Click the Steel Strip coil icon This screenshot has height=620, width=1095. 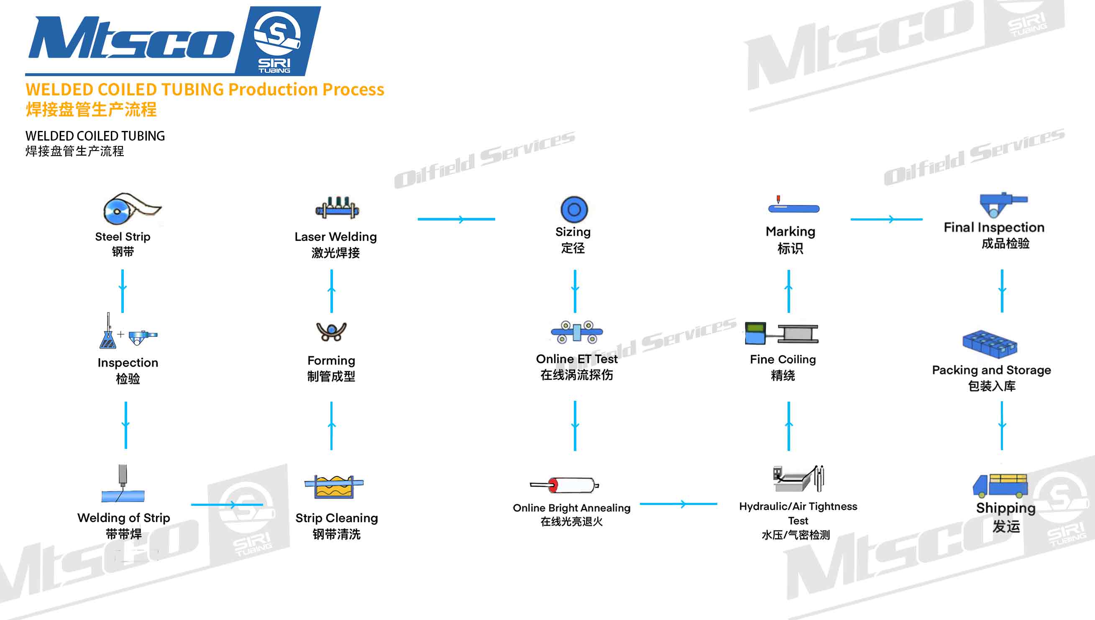pos(128,209)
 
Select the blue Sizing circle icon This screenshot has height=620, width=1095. pos(574,210)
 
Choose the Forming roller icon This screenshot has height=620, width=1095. pos(331,332)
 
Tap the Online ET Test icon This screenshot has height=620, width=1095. pos(576,332)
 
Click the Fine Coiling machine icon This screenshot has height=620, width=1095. pos(781,333)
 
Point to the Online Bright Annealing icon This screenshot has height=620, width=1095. pos(565,485)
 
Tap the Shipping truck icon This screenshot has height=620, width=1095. pos(1000,485)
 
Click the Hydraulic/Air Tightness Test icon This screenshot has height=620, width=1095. pos(798,479)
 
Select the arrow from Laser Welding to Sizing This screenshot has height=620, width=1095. pos(456,219)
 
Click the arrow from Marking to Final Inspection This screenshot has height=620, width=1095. pos(886,219)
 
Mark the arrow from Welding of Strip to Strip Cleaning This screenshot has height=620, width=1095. pos(227,505)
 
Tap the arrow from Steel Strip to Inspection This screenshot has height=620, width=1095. pos(123,291)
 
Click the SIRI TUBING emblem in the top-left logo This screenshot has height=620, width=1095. pos(277,41)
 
